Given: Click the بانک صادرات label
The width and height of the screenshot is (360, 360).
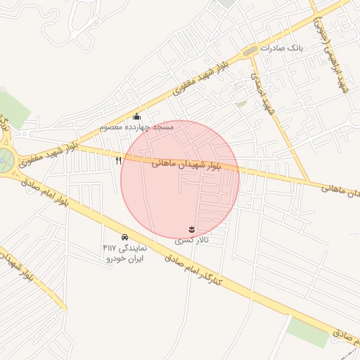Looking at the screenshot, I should coord(281,49).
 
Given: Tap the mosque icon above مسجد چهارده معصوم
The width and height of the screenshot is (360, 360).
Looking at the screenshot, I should coord(136,116).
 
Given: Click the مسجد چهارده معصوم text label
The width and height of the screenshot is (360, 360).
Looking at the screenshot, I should coord(138,127).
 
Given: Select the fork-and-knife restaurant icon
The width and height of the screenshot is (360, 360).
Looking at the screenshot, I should coord(118,160).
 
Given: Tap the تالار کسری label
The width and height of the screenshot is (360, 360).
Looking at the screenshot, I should coord(192,240).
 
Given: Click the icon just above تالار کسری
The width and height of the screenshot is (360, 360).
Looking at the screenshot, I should coord(191,229).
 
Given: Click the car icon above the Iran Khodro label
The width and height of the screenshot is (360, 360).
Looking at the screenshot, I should coord(124,237).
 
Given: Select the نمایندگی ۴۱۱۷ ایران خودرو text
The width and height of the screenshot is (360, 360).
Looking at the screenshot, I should coord(124,253).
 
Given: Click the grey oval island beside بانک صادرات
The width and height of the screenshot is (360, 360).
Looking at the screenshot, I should coord(250,51).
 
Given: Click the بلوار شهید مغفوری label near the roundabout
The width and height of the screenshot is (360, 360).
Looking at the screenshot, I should coord(46,154).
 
